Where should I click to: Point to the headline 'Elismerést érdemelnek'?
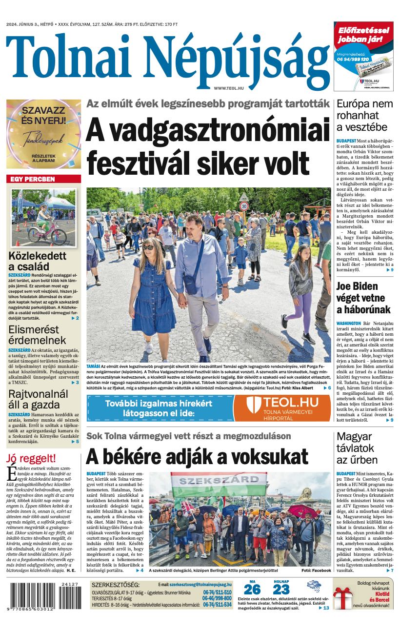[x=37, y=334]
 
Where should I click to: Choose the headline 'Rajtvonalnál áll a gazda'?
[x=38, y=400]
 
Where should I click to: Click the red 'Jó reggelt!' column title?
[x=31, y=458]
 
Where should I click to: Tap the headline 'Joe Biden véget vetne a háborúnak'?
[x=363, y=298]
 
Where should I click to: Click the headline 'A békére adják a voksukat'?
[x=197, y=457]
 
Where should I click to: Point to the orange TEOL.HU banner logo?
[x=282, y=407]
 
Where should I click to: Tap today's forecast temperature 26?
[x=252, y=590]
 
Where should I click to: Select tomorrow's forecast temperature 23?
[x=281, y=590]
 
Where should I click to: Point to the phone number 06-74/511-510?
[x=217, y=592]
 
